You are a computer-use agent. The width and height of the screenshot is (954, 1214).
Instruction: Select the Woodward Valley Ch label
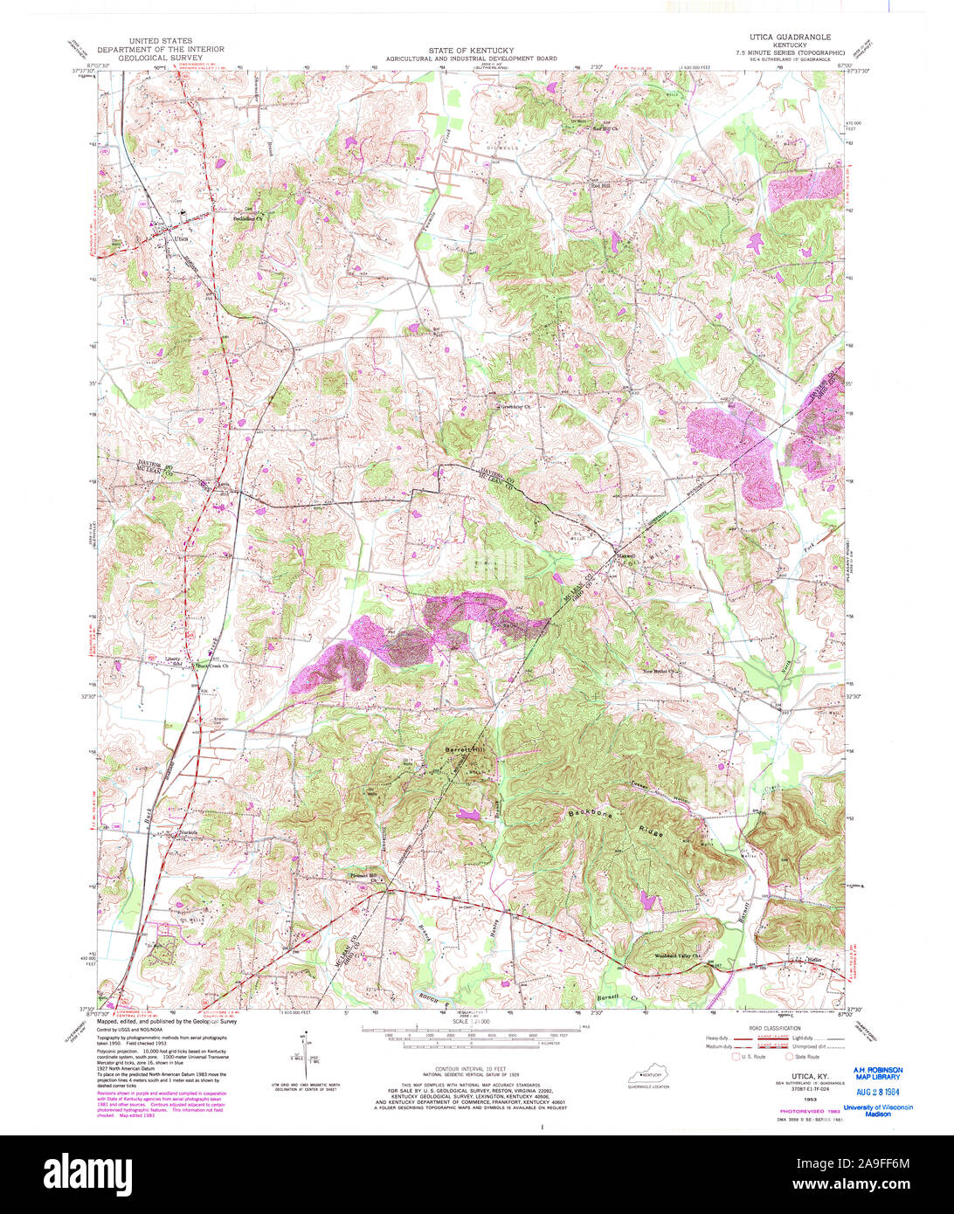pos(679,955)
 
